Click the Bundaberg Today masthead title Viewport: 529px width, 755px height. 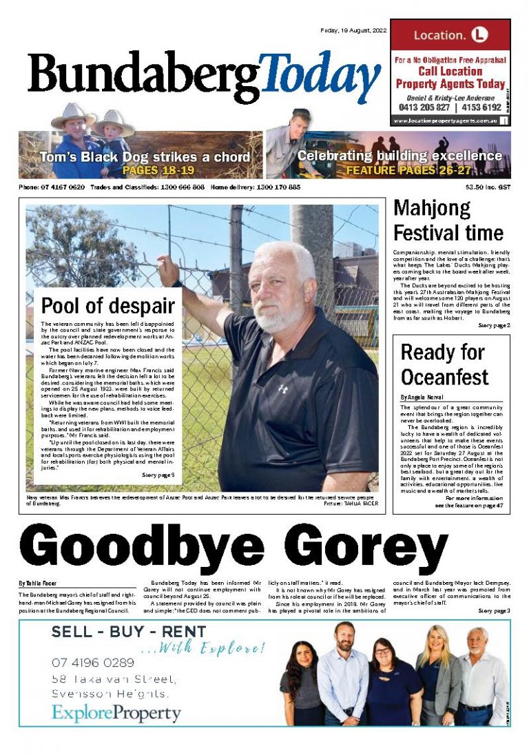coord(204,76)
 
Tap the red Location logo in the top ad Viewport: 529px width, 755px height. coord(479,34)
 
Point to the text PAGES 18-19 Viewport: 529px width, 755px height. coord(158,169)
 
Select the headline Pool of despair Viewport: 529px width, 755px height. coord(108,305)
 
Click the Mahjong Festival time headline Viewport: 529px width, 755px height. coord(448,220)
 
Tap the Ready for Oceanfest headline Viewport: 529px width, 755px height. coord(444,364)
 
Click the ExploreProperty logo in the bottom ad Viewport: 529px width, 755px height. coord(116,713)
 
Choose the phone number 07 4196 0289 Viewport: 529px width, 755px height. coord(93,663)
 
